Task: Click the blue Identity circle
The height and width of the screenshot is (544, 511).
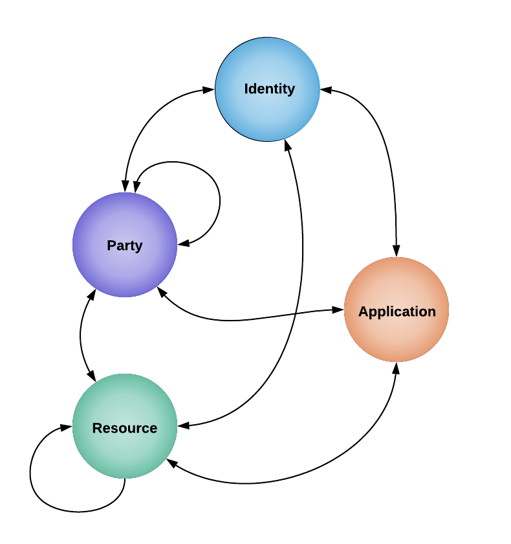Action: tap(267, 89)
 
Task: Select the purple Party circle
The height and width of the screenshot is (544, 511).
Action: tap(125, 245)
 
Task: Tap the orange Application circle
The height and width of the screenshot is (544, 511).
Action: tap(397, 310)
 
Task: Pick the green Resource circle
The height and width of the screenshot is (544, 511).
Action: tap(125, 426)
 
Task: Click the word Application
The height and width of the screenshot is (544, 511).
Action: tap(397, 312)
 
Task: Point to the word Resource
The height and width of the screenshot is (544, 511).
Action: tap(125, 428)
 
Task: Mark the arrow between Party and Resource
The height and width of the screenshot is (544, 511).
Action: tap(81, 335)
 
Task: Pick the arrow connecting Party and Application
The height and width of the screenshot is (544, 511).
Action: tap(243, 319)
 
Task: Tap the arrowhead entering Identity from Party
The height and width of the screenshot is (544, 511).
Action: tap(208, 90)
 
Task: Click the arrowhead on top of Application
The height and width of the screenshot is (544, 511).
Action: tap(397, 251)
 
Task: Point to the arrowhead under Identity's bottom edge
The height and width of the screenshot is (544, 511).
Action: tap(288, 146)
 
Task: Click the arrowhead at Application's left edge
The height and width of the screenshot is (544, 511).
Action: tap(338, 310)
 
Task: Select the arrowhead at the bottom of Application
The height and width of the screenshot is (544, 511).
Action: tap(397, 368)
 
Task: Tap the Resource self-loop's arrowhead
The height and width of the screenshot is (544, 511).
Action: tap(66, 427)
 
